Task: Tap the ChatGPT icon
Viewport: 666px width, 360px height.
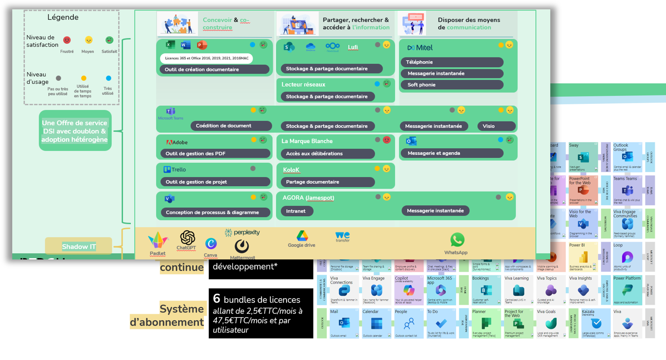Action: [187, 238]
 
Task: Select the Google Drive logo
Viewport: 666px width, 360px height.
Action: [302, 236]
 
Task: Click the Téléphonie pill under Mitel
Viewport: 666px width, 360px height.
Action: [452, 62]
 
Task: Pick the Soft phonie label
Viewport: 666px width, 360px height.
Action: [452, 85]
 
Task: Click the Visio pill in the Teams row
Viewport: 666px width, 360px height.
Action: [496, 126]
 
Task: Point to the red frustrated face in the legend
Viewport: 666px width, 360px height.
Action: [67, 40]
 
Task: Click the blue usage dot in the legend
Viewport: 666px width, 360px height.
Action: [108, 78]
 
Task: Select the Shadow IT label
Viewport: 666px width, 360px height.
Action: [79, 247]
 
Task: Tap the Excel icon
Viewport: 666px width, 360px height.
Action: [170, 45]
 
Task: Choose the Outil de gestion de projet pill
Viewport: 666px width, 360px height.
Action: [215, 182]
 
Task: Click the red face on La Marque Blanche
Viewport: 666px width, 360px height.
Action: [386, 140]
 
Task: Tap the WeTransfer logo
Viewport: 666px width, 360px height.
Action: [342, 236]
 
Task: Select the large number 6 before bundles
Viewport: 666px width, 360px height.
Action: [216, 298]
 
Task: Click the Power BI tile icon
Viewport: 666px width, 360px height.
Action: [583, 258]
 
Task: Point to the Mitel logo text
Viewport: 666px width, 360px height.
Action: [420, 48]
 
